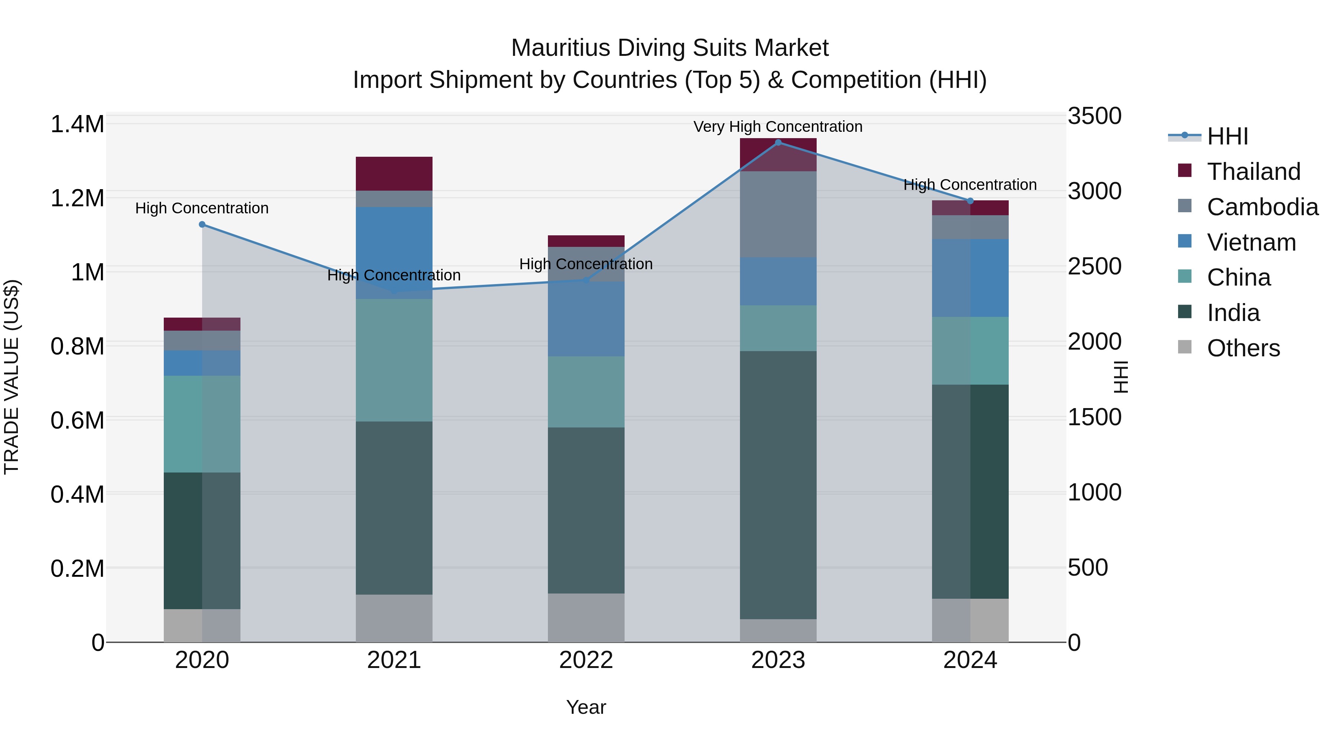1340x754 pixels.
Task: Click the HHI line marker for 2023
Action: pos(778,143)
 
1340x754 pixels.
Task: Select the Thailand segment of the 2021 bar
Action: pos(394,173)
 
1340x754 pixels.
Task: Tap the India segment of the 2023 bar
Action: pos(778,485)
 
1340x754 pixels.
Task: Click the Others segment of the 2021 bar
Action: pos(394,618)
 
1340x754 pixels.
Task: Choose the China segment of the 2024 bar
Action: pos(970,351)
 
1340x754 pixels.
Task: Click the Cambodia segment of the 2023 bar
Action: pos(778,214)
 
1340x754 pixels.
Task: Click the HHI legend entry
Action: pos(1226,136)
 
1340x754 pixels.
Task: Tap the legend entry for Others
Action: pos(1243,348)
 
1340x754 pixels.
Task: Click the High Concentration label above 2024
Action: pos(970,185)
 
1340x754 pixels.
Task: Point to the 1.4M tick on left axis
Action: pos(77,125)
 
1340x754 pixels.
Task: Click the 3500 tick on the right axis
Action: pos(1094,116)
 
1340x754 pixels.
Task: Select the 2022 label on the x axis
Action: pos(586,660)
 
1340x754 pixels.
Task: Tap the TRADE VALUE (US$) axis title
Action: pos(12,377)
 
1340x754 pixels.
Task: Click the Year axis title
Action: pos(586,707)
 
